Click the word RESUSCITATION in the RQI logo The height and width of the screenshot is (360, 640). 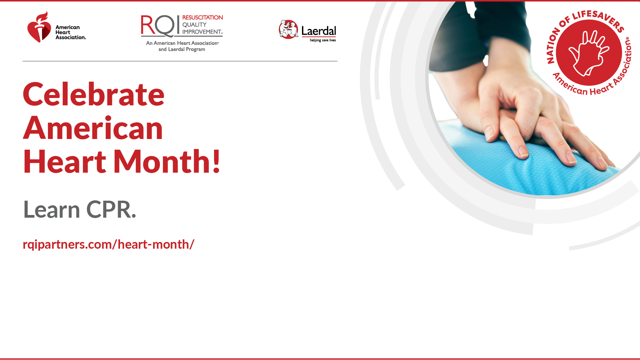[x=202, y=17]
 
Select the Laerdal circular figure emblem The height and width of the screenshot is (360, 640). [x=289, y=29]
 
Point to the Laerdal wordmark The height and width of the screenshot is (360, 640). [x=319, y=31]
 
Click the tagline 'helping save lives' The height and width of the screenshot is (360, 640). [x=323, y=40]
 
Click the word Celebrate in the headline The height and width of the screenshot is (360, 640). [x=94, y=94]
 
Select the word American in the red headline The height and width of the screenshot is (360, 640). [x=93, y=128]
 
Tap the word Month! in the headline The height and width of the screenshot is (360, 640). [x=167, y=161]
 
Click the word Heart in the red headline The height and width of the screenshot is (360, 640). [x=65, y=161]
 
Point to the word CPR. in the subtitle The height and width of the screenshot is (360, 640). [x=111, y=209]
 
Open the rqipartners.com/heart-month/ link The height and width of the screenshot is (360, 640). [x=108, y=244]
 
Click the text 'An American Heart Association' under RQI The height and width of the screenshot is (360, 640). [x=182, y=43]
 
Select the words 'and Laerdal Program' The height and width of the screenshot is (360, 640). [x=182, y=49]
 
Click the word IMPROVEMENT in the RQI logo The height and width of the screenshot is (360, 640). [x=202, y=32]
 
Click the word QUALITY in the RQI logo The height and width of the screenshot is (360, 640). [x=194, y=24]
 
